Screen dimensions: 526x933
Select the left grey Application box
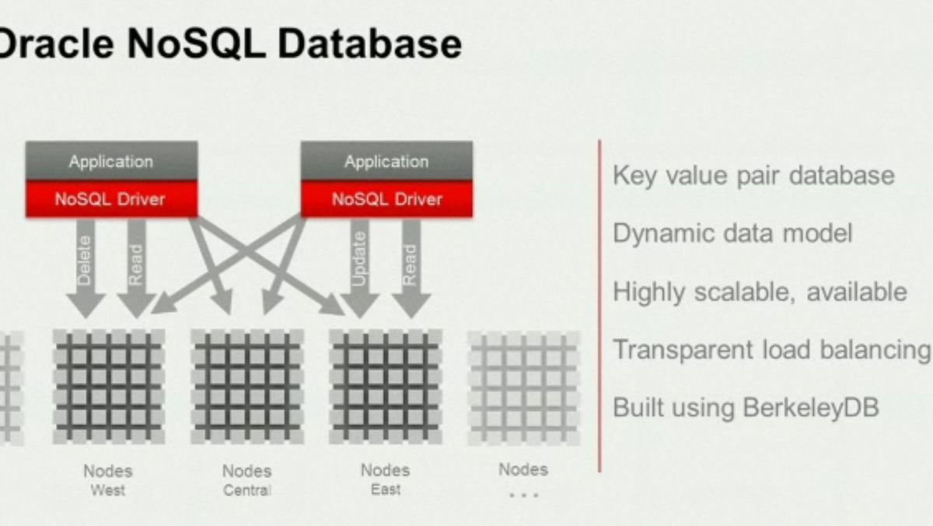tap(111, 161)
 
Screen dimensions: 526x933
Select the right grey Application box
tap(386, 161)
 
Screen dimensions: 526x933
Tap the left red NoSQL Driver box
tap(111, 199)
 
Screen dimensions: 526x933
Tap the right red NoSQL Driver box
tap(386, 199)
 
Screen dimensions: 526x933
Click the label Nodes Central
tap(247, 480)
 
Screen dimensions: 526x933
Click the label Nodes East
tap(386, 479)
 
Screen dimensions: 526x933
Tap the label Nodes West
tap(108, 480)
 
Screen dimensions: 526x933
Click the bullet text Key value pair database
tap(753, 176)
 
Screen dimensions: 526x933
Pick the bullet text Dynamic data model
tap(732, 233)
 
